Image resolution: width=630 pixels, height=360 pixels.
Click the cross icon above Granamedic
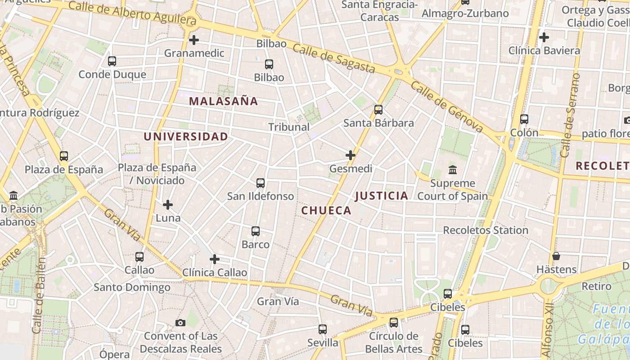194,40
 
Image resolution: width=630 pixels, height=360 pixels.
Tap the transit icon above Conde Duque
112,61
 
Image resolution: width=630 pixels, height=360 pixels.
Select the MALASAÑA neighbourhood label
224,101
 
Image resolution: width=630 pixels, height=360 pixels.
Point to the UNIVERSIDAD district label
185,136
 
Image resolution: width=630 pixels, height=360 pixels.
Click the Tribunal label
289,127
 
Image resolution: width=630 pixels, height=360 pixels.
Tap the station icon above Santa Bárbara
378,110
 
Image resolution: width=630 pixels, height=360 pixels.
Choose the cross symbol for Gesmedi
351,156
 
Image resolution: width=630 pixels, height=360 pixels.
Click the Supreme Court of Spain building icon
453,170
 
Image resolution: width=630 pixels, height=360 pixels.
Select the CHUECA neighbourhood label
326,211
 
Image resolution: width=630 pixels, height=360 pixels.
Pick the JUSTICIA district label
382,196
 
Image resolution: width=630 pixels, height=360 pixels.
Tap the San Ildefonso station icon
261,183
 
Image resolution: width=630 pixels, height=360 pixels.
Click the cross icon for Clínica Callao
215,259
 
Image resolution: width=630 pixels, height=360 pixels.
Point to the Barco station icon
256,231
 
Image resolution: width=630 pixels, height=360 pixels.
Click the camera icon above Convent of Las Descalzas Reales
180,323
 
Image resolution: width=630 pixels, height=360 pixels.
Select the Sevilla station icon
323,329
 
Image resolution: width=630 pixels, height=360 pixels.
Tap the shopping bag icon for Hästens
557,256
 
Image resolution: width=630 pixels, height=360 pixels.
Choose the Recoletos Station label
486,230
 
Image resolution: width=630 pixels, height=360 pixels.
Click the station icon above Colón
524,119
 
